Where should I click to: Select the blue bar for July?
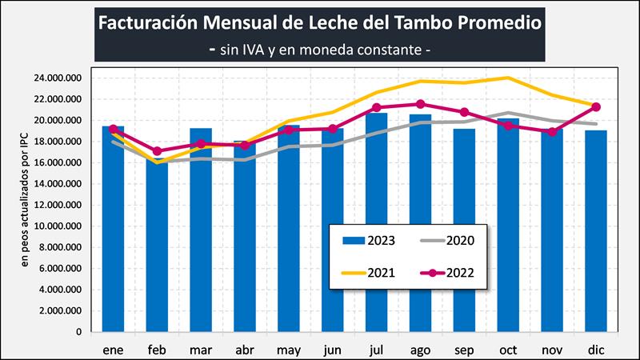point(377,224)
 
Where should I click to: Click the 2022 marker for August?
point(421,104)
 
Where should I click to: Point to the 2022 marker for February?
point(157,150)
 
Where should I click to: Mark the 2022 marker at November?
point(552,131)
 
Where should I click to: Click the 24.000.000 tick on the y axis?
point(57,78)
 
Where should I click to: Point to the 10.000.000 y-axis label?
point(57,226)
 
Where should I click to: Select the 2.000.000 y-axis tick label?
point(60,310)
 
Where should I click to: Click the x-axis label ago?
point(421,350)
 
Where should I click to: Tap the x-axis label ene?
point(113,350)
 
